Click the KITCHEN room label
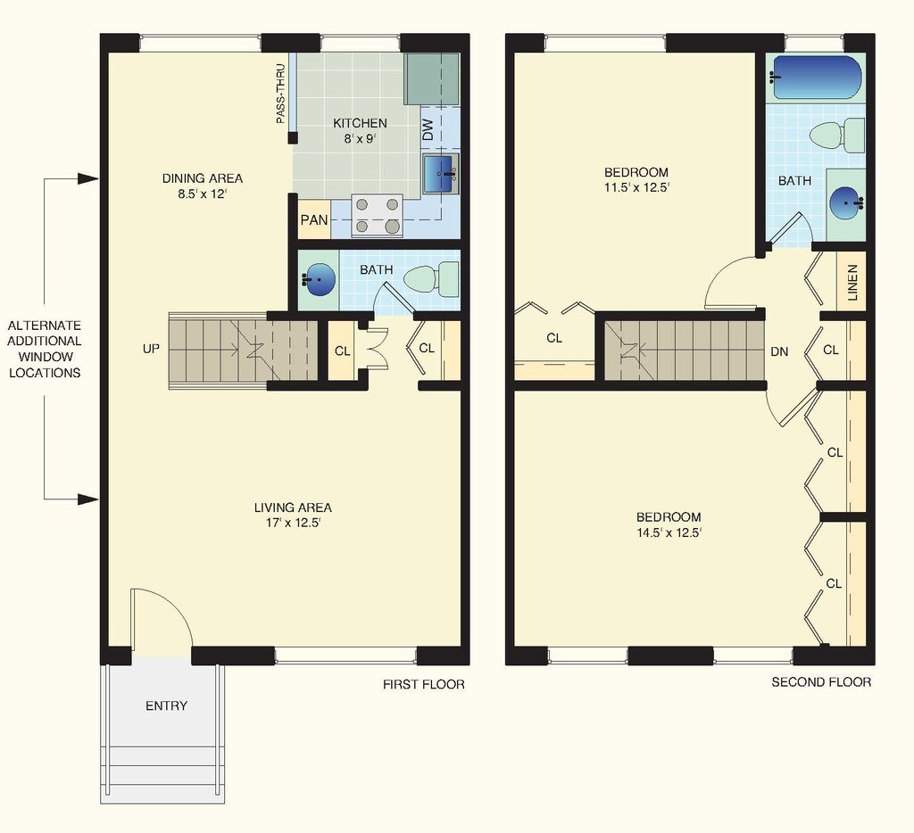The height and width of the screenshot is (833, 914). tap(360, 123)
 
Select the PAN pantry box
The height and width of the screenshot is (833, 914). tap(313, 219)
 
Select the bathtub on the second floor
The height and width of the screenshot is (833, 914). tap(817, 78)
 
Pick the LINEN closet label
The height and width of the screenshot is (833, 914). tap(852, 282)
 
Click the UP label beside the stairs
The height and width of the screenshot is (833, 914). tap(151, 349)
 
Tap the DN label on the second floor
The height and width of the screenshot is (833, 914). tap(779, 351)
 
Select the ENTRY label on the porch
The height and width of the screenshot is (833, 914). tap(166, 705)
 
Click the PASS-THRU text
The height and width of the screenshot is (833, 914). tap(280, 93)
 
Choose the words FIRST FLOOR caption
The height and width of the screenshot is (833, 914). tap(424, 684)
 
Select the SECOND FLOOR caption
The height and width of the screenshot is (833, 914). tap(820, 682)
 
